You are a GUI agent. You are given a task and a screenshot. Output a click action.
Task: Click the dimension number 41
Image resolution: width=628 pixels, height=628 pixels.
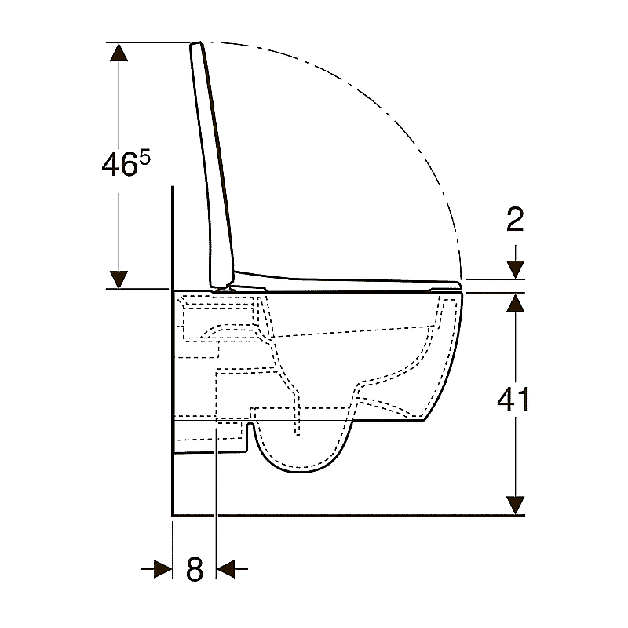tap(513, 400)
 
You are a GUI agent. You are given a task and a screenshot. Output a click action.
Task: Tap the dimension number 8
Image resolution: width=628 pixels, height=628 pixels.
tap(195, 568)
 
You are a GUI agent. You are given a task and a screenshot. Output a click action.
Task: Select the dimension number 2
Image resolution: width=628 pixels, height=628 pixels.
tap(515, 219)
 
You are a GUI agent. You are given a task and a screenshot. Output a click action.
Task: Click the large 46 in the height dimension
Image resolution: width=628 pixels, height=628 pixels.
tap(120, 165)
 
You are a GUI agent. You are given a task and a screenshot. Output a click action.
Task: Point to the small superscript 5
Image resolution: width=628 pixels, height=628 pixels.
tap(145, 158)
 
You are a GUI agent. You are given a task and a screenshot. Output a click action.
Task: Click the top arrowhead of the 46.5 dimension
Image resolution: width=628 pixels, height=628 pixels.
tap(119, 52)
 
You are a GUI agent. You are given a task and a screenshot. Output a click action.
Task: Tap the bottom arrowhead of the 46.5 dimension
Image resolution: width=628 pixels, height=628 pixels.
tap(119, 279)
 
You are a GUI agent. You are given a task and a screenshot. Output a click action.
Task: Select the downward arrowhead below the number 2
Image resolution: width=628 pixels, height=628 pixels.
tap(515, 269)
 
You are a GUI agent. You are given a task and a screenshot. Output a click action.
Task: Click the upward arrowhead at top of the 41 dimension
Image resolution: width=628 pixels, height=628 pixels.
tap(515, 302)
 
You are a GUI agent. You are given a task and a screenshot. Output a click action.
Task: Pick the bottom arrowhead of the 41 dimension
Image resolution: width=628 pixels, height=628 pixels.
tap(515, 506)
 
